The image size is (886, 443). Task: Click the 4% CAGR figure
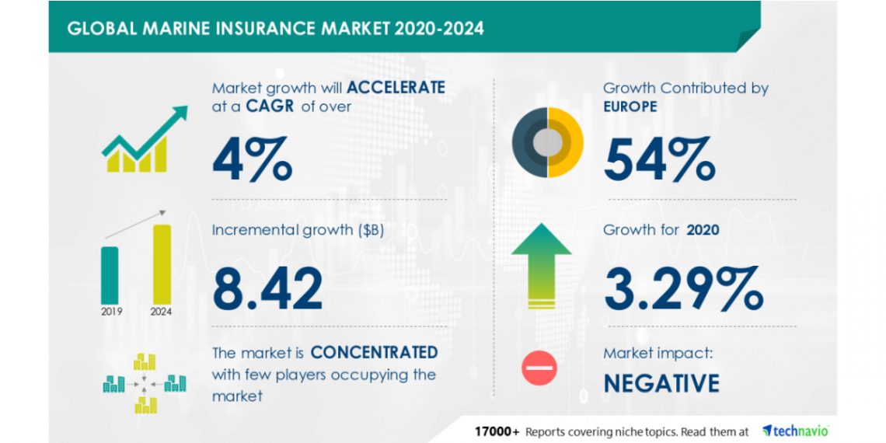point(252,159)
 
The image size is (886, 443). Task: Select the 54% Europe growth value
point(659,159)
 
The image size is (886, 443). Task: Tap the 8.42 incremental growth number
point(267,288)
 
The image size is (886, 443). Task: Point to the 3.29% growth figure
point(684,288)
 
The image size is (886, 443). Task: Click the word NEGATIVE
point(661,383)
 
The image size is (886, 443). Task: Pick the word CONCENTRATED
point(374,353)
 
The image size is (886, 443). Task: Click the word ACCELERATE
point(396,88)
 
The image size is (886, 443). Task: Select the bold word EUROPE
point(630,106)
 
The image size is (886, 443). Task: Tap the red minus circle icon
point(539,368)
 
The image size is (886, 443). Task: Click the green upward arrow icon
point(541,266)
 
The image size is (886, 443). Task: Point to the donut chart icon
point(548,142)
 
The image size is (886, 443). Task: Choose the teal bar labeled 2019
point(110,275)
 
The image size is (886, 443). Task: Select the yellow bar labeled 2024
point(162,264)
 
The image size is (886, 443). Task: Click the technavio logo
point(796,431)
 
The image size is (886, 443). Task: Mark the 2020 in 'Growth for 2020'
point(703,230)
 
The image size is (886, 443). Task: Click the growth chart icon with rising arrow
point(145,139)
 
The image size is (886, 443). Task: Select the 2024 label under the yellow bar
point(161,312)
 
